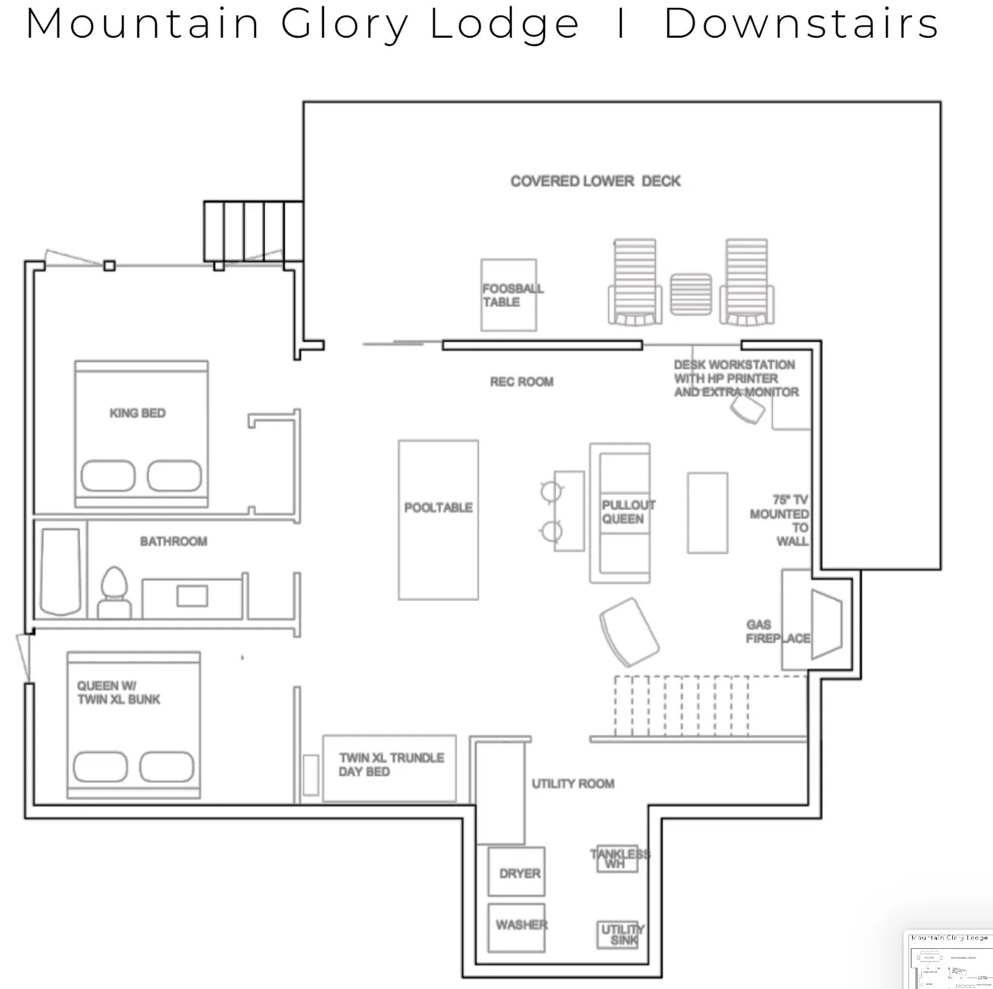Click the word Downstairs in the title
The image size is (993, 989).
(x=801, y=24)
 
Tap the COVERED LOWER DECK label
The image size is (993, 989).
(x=595, y=181)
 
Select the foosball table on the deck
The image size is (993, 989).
(x=509, y=296)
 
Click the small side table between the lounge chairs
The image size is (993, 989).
(x=691, y=295)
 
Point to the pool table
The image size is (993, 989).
(x=438, y=520)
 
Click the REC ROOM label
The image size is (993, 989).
(x=521, y=382)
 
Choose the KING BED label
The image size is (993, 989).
(x=138, y=414)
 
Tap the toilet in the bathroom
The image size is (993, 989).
(x=114, y=593)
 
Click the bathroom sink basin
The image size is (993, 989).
(x=192, y=596)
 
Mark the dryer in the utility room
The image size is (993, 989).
(x=517, y=872)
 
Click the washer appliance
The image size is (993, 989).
(x=517, y=928)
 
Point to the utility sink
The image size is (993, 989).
(x=618, y=935)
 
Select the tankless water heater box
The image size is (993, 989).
(x=617, y=859)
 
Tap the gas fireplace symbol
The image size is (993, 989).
(x=825, y=623)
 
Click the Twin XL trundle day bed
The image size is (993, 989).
(x=389, y=768)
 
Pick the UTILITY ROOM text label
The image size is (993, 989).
(x=573, y=784)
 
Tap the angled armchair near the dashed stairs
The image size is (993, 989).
(x=629, y=632)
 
